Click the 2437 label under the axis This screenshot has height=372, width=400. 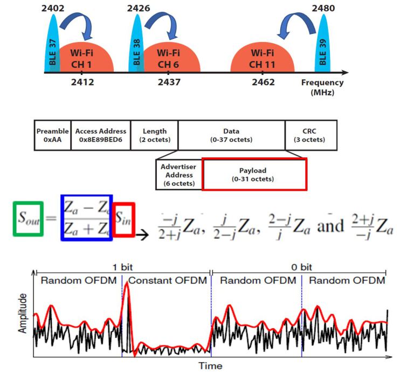coord(169,82)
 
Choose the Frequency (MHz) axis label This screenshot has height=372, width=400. coord(322,87)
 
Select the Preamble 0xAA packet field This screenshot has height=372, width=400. coord(52,135)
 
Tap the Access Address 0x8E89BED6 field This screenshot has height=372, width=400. coord(101,135)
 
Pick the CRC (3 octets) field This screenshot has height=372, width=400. coord(311,135)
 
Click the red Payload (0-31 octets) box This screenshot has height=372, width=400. coord(254,174)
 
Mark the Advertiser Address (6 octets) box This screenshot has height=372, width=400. coord(178,174)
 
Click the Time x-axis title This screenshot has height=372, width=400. coord(211,366)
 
